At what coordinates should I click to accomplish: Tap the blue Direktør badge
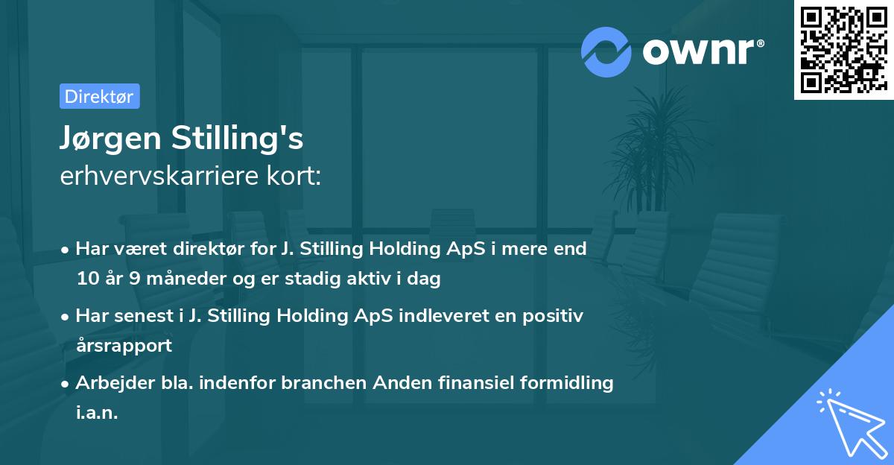point(99,96)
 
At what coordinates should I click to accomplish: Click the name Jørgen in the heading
point(112,139)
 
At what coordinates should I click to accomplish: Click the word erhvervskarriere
point(159,176)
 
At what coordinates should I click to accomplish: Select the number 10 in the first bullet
point(86,279)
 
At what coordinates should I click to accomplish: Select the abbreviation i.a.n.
point(97,413)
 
